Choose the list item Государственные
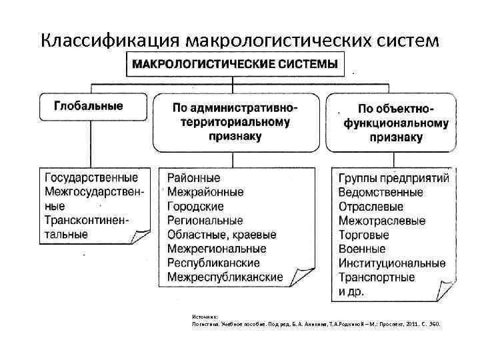pyautogui.click(x=91, y=178)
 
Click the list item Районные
pyautogui.click(x=193, y=179)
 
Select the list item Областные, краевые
pyautogui.click(x=221, y=235)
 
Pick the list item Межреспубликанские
pyautogui.click(x=225, y=277)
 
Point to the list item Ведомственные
pyautogui.click(x=380, y=193)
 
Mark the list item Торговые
pyautogui.click(x=363, y=235)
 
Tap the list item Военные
pyautogui.click(x=362, y=249)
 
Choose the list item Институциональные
pyautogui.click(x=391, y=263)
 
